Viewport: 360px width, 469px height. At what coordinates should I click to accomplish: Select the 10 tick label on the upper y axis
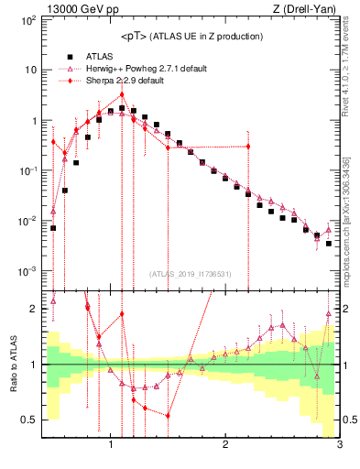pyautogui.click(x=29, y=70)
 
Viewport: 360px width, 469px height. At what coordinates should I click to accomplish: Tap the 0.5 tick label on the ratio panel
pyautogui.click(x=27, y=420)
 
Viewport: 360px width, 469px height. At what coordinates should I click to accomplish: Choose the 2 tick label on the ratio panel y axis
pyautogui.click(x=32, y=309)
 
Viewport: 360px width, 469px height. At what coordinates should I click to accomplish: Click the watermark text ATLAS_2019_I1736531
pyautogui.click(x=191, y=273)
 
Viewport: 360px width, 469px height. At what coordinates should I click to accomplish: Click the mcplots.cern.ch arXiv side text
pyautogui.click(x=351, y=211)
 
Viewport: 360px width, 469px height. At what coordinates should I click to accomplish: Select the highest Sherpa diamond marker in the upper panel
pyautogui.click(x=122, y=94)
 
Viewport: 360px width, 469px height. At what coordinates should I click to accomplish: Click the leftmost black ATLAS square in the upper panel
pyautogui.click(x=53, y=228)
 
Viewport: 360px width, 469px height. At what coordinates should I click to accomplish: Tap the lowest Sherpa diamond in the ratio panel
pyautogui.click(x=169, y=415)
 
